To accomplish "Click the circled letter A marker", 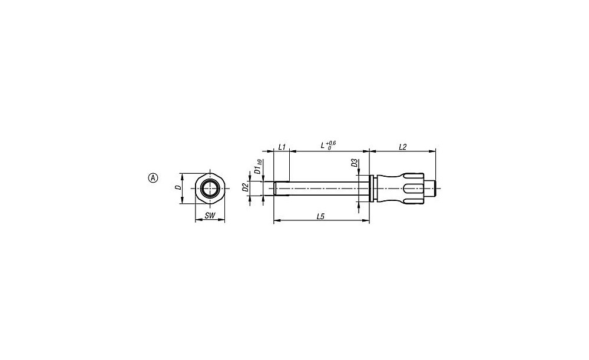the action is click(x=153, y=178).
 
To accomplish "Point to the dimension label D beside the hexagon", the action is click(x=179, y=187).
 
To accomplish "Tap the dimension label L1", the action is click(x=282, y=147).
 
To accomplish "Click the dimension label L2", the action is click(x=402, y=147).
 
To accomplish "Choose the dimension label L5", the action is click(x=320, y=216).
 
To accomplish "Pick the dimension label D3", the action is click(x=354, y=163).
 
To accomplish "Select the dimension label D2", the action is click(x=245, y=187).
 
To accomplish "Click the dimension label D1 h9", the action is click(x=258, y=167).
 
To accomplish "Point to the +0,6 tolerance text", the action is click(x=331, y=143).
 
